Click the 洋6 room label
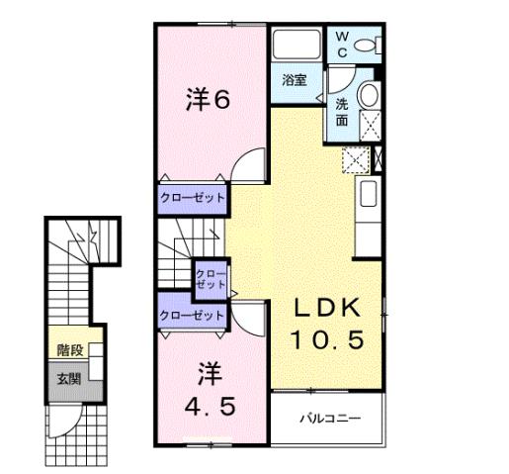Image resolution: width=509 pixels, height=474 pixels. (210, 100)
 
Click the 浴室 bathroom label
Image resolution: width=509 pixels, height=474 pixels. (294, 79)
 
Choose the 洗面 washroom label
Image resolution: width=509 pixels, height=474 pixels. (340, 112)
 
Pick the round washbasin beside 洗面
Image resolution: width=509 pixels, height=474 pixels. (369, 96)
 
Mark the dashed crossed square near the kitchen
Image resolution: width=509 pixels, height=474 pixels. (354, 158)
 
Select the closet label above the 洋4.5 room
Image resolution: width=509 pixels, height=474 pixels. (193, 316)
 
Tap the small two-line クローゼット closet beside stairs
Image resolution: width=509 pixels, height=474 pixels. (212, 278)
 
